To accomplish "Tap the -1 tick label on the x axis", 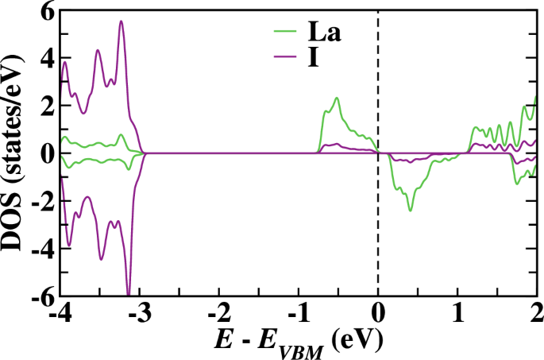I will pyautogui.click(x=296, y=315).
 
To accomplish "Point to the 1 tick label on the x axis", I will pyautogui.click(x=458, y=315).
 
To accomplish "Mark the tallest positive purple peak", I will pyautogui.click(x=122, y=21).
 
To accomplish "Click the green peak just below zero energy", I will pyautogui.click(x=337, y=99).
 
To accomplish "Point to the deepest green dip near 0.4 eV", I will pyautogui.click(x=410, y=210).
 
